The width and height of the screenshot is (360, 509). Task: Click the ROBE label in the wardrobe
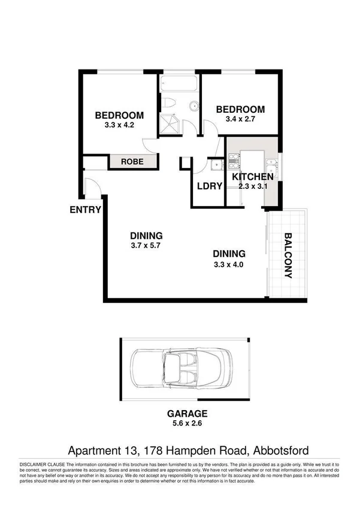[131, 161]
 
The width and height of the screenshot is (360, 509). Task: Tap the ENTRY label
[85, 210]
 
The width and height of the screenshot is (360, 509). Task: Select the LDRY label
[210, 185]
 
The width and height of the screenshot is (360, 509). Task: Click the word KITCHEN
[252, 177]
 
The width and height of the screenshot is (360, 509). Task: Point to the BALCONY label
[288, 255]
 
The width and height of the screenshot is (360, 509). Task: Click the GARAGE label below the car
[187, 413]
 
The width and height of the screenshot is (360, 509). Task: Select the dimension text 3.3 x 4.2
[119, 126]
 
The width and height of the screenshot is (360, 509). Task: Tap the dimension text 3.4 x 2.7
[240, 119]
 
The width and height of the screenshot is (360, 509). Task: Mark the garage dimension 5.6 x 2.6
[187, 423]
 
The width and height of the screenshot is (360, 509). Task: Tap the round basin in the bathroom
[193, 107]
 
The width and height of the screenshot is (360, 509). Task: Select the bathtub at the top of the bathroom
[179, 83]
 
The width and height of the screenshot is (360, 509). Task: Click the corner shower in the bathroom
[171, 124]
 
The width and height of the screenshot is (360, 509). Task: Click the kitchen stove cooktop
[233, 159]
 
